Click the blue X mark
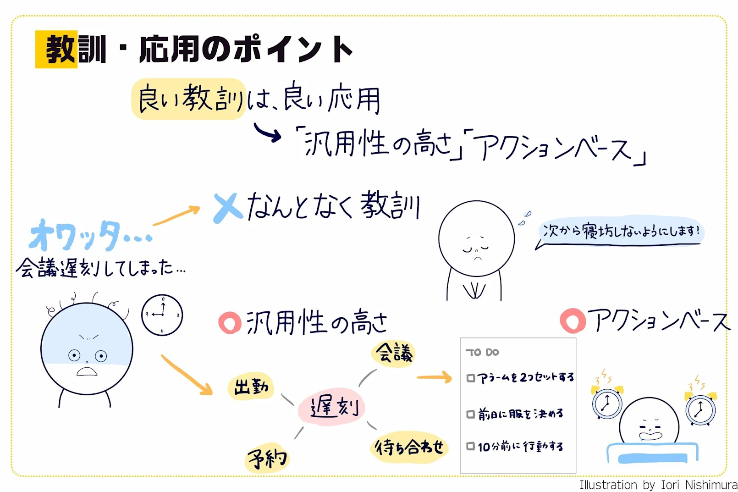pyautogui.click(x=228, y=208)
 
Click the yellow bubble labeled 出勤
pyautogui.click(x=251, y=387)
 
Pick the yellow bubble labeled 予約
pyautogui.click(x=267, y=457)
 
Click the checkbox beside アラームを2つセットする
pyautogui.click(x=470, y=378)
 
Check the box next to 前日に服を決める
pyautogui.click(x=470, y=415)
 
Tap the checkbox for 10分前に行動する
pyautogui.click(x=470, y=446)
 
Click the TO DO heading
pyautogui.click(x=482, y=352)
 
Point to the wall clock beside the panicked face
pyautogui.click(x=162, y=315)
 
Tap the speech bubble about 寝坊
pyautogui.click(x=621, y=231)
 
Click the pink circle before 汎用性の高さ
pyautogui.click(x=230, y=322)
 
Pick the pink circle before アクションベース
pyautogui.click(x=573, y=320)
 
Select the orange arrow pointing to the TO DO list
pyautogui.click(x=434, y=377)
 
